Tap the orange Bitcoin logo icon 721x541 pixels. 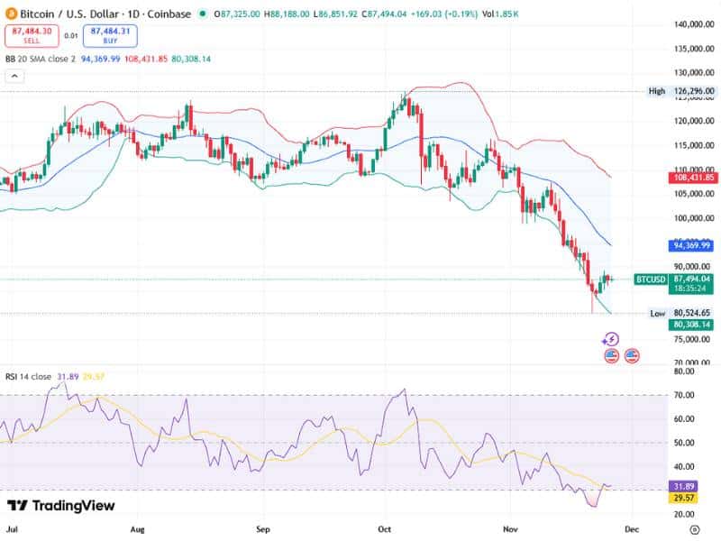tap(10, 14)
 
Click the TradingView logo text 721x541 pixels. tap(60, 506)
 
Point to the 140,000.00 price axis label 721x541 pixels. tap(694, 24)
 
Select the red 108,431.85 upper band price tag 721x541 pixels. tap(693, 178)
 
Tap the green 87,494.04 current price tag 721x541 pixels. tap(693, 280)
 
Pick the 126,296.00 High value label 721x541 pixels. tap(693, 91)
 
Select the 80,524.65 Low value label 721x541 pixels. tap(693, 313)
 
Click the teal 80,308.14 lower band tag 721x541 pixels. tap(693, 325)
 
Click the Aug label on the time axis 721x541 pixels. tap(137, 530)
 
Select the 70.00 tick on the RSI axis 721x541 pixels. tap(685, 395)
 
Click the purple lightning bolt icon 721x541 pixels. tap(611, 339)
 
